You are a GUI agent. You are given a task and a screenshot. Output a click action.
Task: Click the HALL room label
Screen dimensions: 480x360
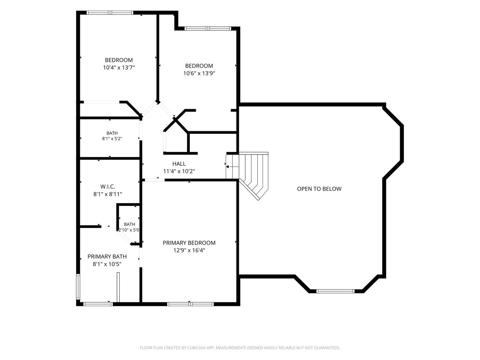click(x=179, y=164)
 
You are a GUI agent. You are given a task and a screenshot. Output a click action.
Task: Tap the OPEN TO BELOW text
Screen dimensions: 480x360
click(x=319, y=189)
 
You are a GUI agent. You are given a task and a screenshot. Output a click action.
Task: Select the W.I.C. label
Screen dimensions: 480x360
click(x=108, y=187)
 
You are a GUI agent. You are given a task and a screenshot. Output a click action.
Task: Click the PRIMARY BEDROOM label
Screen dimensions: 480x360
click(x=189, y=243)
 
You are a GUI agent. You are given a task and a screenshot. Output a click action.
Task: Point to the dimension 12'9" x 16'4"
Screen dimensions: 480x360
click(x=189, y=250)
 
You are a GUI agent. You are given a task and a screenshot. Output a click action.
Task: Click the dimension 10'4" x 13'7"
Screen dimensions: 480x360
click(x=119, y=67)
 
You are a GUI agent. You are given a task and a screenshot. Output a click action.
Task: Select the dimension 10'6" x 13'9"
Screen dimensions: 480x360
click(x=199, y=73)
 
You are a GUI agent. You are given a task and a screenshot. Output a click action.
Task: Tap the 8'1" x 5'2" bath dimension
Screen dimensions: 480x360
click(x=112, y=139)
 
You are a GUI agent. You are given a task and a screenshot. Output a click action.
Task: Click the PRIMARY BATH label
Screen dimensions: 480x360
click(x=107, y=256)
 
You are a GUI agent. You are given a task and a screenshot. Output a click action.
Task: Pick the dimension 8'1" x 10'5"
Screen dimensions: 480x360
click(x=107, y=264)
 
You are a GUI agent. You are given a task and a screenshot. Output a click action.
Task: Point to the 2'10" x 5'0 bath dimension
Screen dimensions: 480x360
click(x=129, y=230)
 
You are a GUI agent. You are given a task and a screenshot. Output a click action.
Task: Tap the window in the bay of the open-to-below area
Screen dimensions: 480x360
click(x=335, y=291)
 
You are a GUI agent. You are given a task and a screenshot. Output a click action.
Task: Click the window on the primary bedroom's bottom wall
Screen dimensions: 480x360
click(x=190, y=304)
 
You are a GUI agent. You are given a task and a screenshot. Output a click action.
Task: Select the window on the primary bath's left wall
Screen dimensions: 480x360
click(x=78, y=287)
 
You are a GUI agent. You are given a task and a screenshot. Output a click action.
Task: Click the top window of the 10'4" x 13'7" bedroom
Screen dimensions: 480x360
click(x=110, y=13)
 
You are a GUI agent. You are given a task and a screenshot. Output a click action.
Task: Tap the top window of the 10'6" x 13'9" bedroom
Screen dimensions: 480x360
click(x=208, y=28)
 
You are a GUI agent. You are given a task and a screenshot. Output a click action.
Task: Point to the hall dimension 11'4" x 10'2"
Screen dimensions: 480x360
click(x=179, y=171)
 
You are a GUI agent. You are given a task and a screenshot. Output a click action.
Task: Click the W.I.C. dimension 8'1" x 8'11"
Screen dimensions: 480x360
click(x=108, y=194)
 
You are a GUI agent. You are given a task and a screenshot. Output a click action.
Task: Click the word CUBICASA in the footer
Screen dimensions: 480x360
click(x=196, y=348)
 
